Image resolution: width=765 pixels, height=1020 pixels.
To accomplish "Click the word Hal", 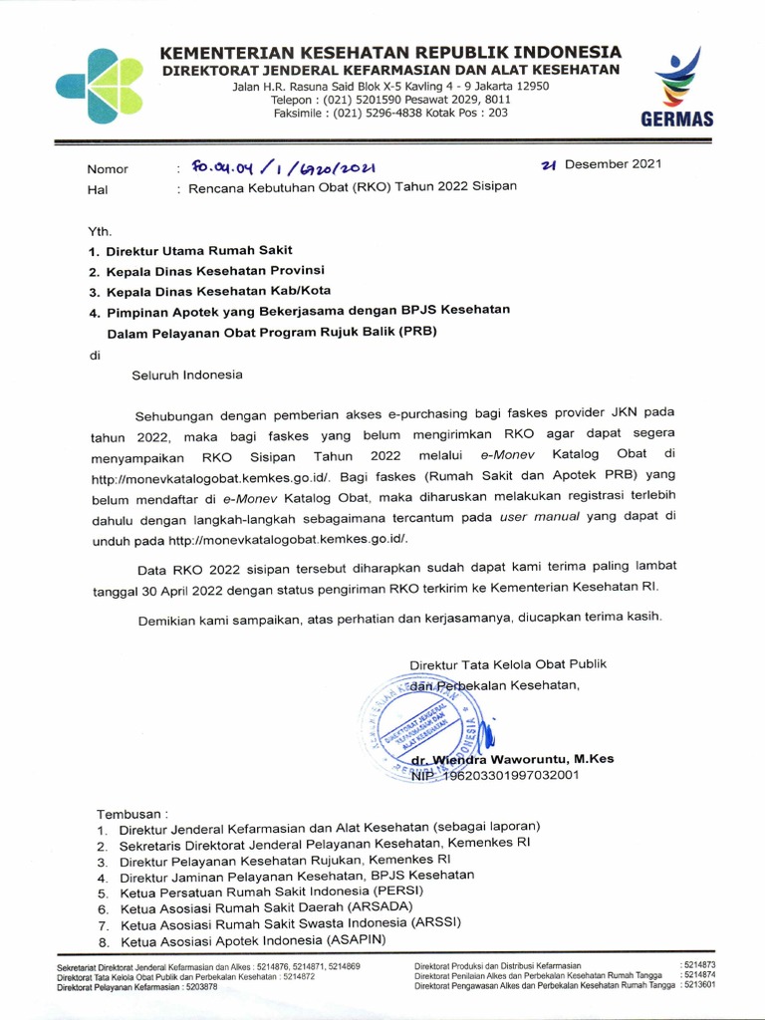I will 98,189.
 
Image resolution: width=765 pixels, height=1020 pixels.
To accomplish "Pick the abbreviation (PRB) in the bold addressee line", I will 417,332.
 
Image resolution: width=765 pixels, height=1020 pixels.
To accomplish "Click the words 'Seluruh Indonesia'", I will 187,376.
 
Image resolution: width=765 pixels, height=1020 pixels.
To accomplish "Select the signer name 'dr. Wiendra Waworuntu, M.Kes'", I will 519,759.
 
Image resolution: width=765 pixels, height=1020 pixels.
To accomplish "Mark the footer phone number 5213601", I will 697,985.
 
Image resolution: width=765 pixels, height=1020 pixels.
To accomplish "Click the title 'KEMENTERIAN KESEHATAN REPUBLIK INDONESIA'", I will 390,52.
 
